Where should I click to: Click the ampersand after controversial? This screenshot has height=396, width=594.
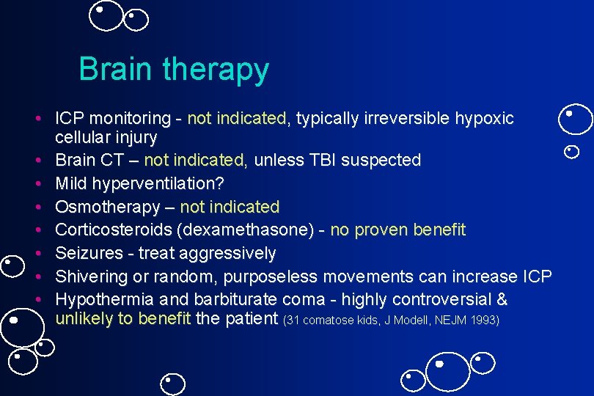coord(502,300)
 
